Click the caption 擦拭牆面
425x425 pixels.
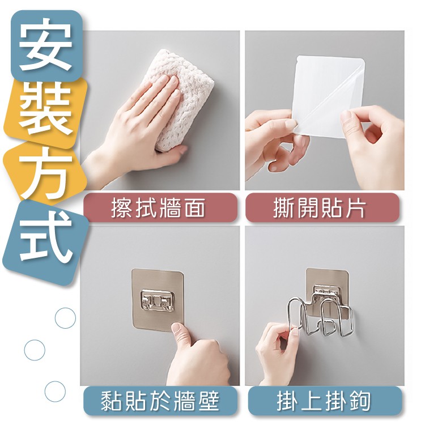tap(158, 208)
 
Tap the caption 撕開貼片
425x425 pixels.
tap(319, 208)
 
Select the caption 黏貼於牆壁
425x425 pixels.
tap(160, 401)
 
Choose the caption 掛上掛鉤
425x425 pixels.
tap(324, 401)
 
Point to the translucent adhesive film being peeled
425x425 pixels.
tap(331, 96)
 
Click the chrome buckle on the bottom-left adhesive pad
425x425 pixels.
tap(156, 300)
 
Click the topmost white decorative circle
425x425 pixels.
tap(65, 318)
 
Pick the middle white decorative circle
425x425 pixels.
tap(35, 350)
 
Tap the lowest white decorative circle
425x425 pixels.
tap(55, 392)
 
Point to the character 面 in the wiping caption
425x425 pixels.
tap(195, 208)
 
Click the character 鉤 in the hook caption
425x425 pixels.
tap(360, 401)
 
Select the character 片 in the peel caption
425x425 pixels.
tap(356, 208)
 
